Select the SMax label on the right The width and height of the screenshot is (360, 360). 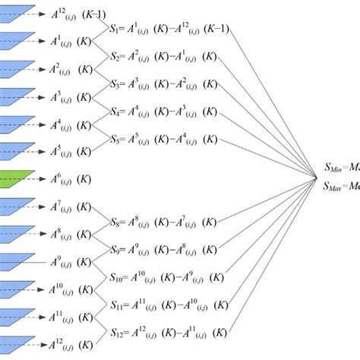339,186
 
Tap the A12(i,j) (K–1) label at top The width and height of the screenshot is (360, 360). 73,14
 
